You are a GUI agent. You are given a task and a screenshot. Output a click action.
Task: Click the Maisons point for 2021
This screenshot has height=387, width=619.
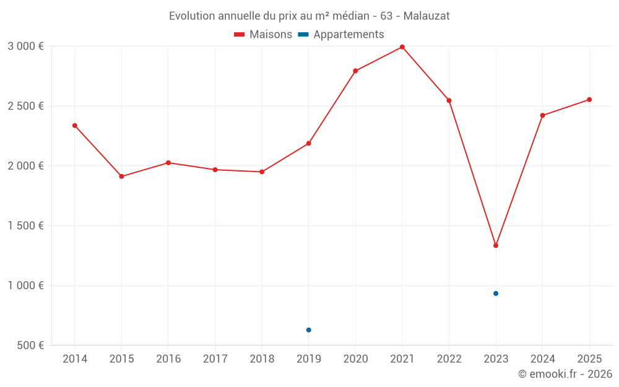402,47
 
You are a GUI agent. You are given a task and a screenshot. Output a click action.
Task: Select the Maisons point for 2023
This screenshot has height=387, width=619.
496,246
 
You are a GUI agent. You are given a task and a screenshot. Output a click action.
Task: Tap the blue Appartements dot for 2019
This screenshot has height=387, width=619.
308,330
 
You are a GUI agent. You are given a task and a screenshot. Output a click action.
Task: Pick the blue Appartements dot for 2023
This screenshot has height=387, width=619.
496,294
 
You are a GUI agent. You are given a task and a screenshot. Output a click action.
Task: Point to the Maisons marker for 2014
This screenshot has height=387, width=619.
75,126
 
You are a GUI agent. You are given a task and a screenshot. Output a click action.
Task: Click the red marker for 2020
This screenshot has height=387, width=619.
355,71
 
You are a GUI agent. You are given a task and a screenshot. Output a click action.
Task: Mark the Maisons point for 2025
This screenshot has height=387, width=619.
589,100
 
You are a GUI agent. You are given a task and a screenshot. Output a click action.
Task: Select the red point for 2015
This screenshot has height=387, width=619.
121,176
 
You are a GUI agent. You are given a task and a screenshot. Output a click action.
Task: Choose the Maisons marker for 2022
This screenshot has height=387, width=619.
449,100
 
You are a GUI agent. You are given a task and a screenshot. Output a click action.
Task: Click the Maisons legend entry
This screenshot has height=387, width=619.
263,35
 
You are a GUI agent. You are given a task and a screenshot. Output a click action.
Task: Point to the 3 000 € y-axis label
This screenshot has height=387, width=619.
25,46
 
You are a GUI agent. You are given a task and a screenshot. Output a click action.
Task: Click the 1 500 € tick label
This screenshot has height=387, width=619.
25,226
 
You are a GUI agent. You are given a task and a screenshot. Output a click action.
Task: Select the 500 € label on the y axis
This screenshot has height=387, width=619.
29,346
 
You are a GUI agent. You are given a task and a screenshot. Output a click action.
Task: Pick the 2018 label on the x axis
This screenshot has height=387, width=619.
262,359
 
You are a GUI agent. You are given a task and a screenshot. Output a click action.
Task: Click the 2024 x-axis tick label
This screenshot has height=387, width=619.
542,359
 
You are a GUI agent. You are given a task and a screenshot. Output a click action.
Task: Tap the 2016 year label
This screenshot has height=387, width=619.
168,359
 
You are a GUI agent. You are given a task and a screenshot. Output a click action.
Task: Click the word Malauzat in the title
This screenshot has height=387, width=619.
426,15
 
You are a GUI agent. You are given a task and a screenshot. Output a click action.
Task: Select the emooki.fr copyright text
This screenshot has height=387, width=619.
565,374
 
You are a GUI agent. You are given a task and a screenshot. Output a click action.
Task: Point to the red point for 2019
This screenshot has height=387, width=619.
308,144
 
